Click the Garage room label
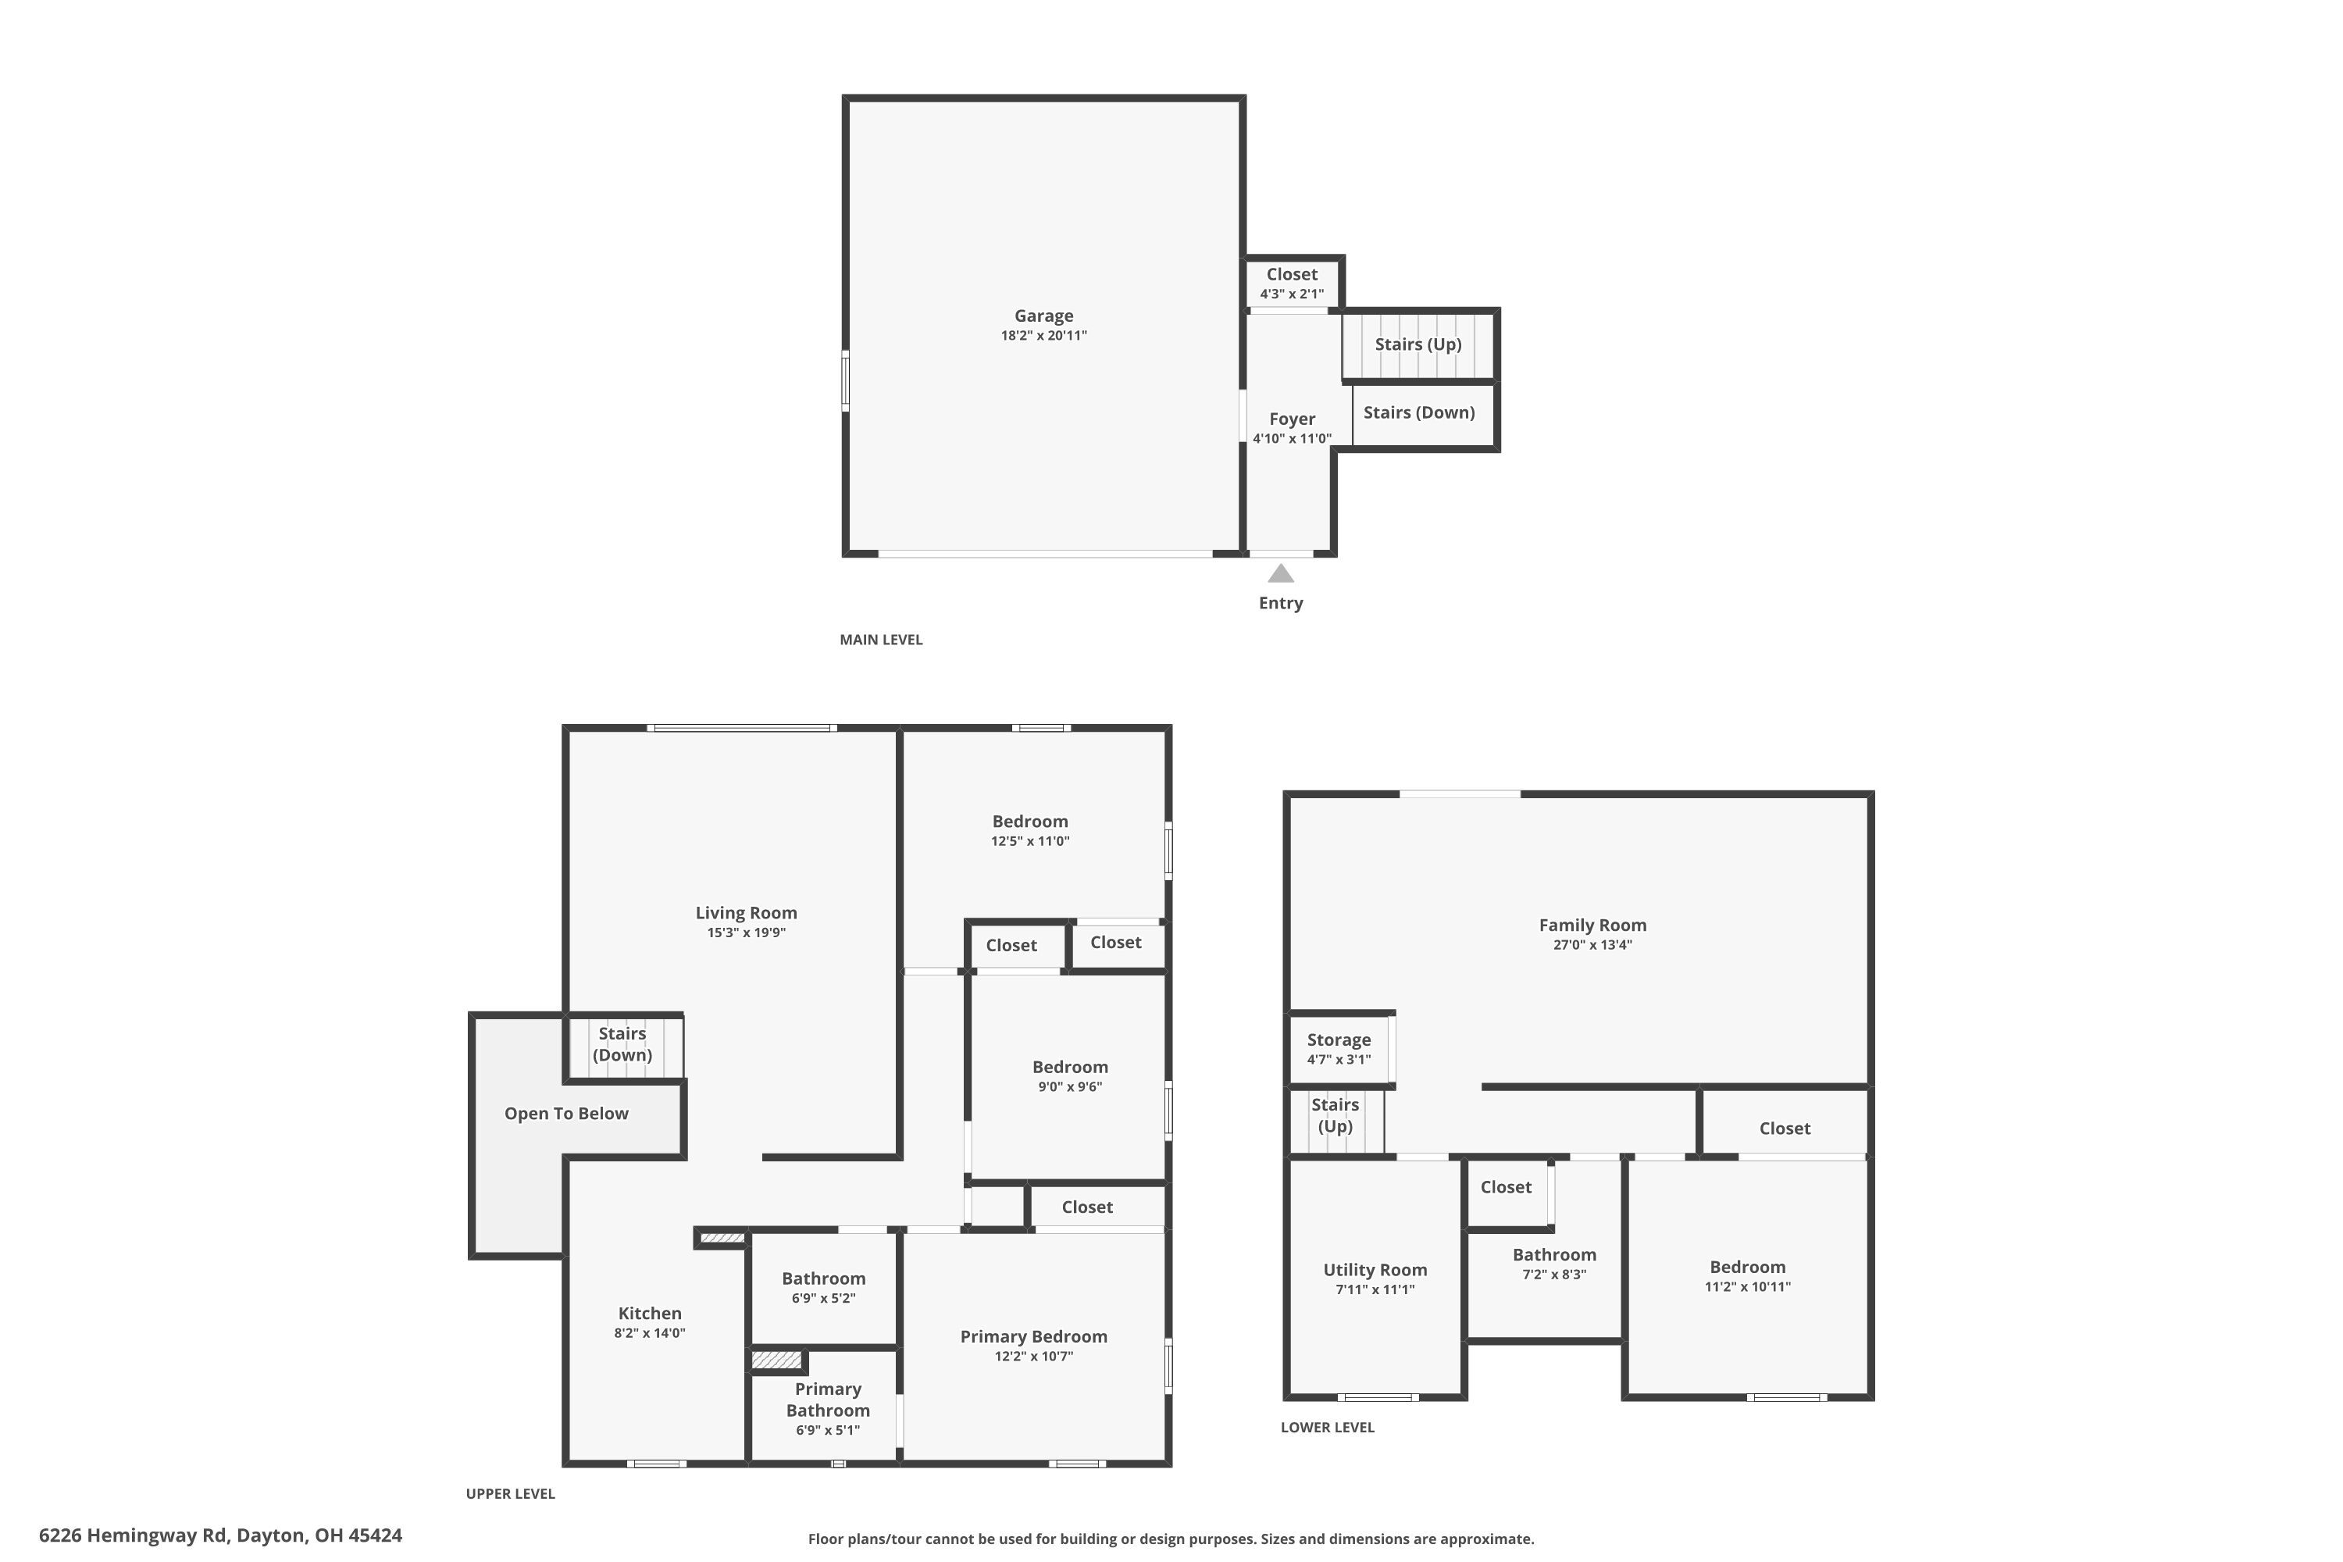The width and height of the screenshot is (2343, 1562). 1043,316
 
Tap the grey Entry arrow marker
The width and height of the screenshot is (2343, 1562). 1280,574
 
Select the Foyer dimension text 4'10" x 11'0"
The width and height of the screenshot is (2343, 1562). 1291,438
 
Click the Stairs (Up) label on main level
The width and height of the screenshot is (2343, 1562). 1418,344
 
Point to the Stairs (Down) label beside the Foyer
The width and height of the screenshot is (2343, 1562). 1418,412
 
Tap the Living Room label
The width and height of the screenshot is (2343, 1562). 745,912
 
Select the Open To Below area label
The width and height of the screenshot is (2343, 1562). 565,1114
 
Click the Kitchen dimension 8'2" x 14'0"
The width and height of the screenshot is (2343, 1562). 650,1333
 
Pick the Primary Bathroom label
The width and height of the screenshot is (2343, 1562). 827,1400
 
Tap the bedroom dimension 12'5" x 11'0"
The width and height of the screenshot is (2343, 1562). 1030,841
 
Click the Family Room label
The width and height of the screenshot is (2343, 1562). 1592,925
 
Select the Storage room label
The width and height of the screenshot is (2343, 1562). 1338,1040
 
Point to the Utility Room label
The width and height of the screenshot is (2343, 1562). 1375,1270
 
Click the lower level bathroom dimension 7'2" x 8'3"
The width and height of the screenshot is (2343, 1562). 1554,1274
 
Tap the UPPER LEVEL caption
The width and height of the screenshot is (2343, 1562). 510,1493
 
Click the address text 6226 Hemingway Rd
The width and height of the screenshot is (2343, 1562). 134,1535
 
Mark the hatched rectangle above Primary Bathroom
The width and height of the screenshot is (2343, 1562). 776,1360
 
